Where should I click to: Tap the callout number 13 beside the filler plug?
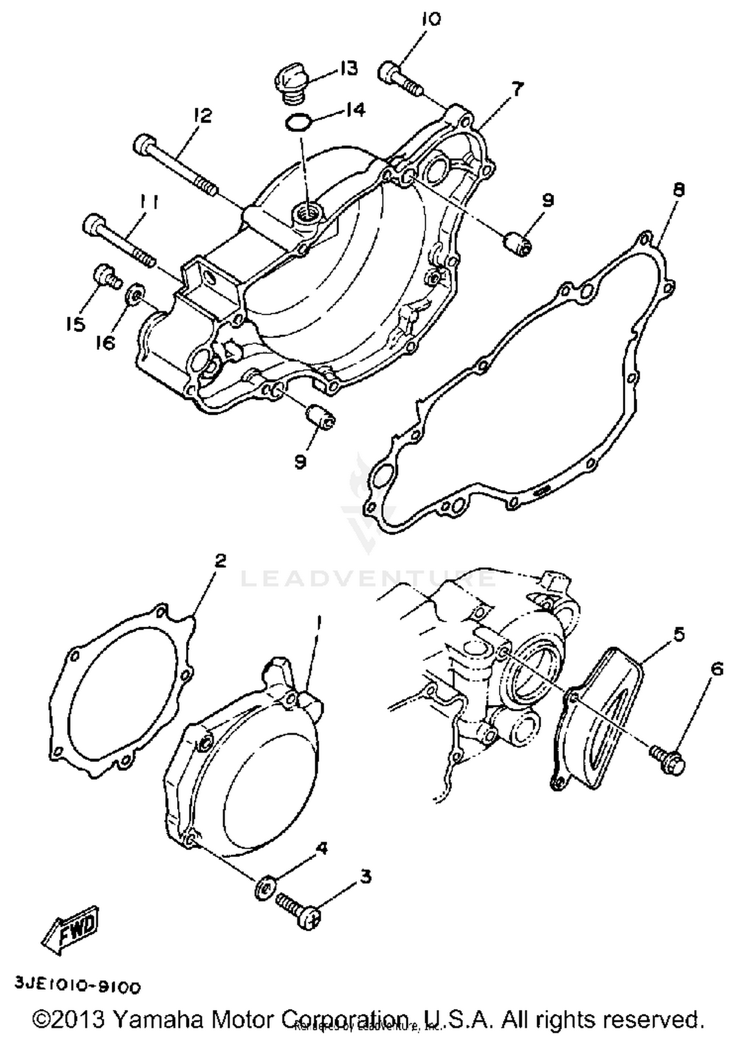(348, 68)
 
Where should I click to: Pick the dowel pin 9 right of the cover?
(519, 243)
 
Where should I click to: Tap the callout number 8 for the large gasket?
(679, 190)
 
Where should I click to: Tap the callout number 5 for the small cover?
(679, 635)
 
